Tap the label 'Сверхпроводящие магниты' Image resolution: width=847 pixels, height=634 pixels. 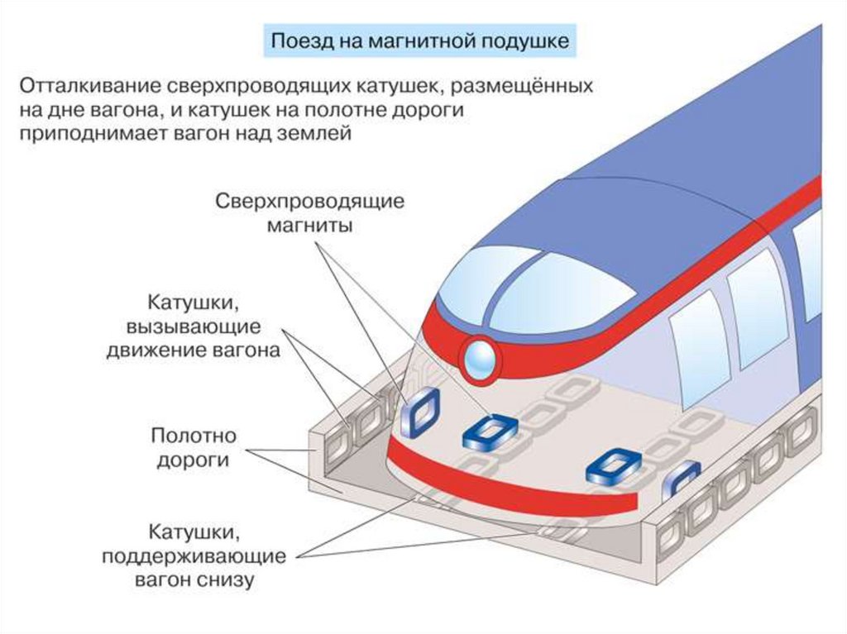[309, 212]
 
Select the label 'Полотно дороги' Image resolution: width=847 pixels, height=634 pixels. [194, 447]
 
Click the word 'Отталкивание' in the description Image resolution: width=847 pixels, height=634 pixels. [90, 86]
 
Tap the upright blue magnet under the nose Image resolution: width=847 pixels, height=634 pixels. [419, 412]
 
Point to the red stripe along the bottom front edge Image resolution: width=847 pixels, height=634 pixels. [513, 484]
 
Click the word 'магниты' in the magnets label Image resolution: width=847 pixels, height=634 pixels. [309, 225]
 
